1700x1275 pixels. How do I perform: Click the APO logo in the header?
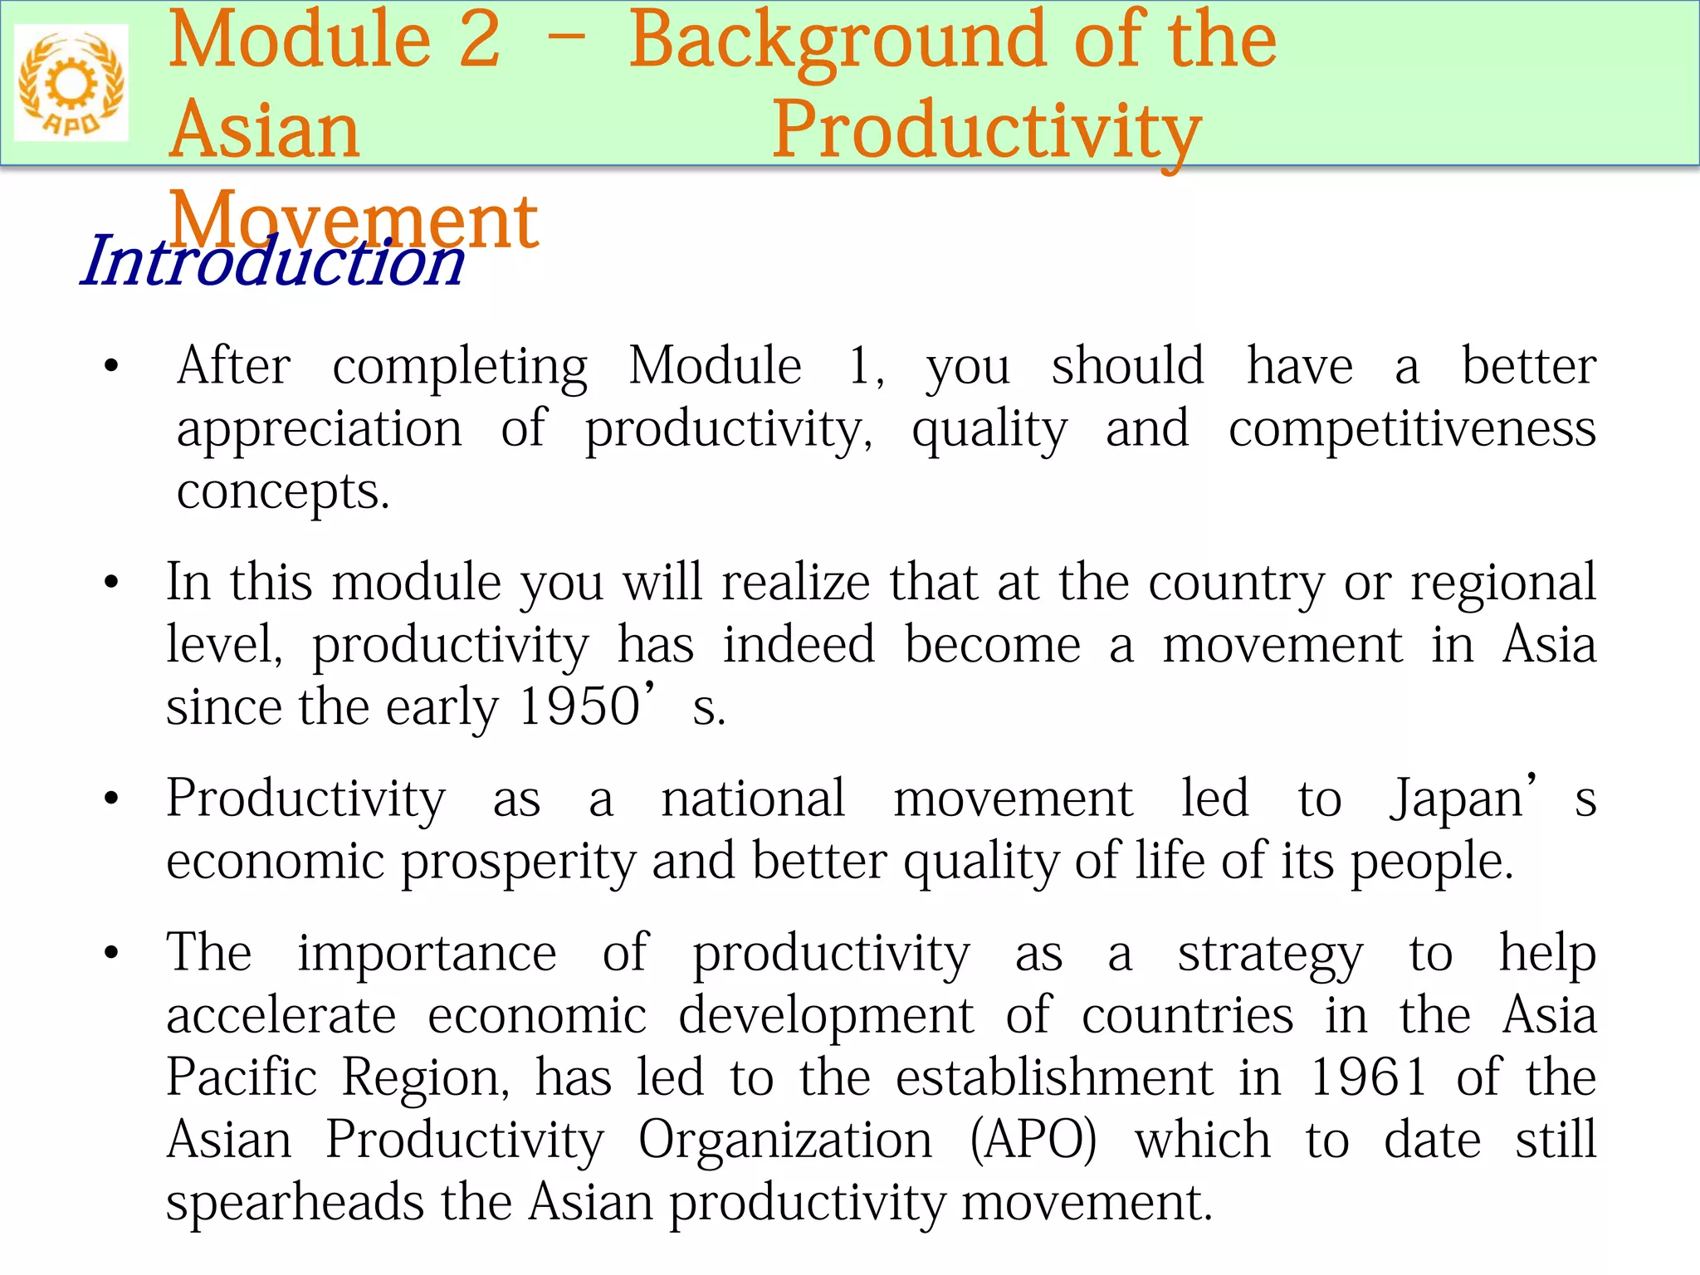pyautogui.click(x=71, y=83)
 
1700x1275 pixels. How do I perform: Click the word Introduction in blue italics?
pyautogui.click(x=272, y=261)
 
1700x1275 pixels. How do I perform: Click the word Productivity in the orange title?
pyautogui.click(x=986, y=131)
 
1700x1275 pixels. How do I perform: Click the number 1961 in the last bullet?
pyautogui.click(x=1369, y=1077)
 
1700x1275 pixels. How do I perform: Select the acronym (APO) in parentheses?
pyautogui.click(x=1033, y=1140)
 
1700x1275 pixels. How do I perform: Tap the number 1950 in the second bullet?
pyautogui.click(x=579, y=707)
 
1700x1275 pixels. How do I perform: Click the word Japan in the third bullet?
pyautogui.click(x=1458, y=799)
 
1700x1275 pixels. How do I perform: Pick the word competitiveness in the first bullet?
pyautogui.click(x=1412, y=429)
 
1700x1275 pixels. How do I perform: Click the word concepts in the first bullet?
pyautogui.click(x=282, y=491)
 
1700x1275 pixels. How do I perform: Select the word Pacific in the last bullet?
pyautogui.click(x=242, y=1077)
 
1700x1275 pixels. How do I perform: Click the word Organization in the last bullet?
pyautogui.click(x=785, y=1140)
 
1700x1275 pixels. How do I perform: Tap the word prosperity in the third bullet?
pyautogui.click(x=518, y=862)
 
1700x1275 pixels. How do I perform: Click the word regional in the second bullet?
pyautogui.click(x=1503, y=583)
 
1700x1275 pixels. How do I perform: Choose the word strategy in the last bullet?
pyautogui.click(x=1270, y=954)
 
